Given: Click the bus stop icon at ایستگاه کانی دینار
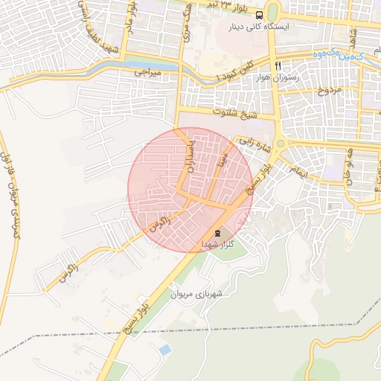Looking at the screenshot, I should (258, 14).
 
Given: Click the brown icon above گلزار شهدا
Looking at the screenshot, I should (217, 232).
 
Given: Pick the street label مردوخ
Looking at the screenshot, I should (328, 91).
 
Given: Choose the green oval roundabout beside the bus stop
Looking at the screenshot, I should (272, 13).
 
